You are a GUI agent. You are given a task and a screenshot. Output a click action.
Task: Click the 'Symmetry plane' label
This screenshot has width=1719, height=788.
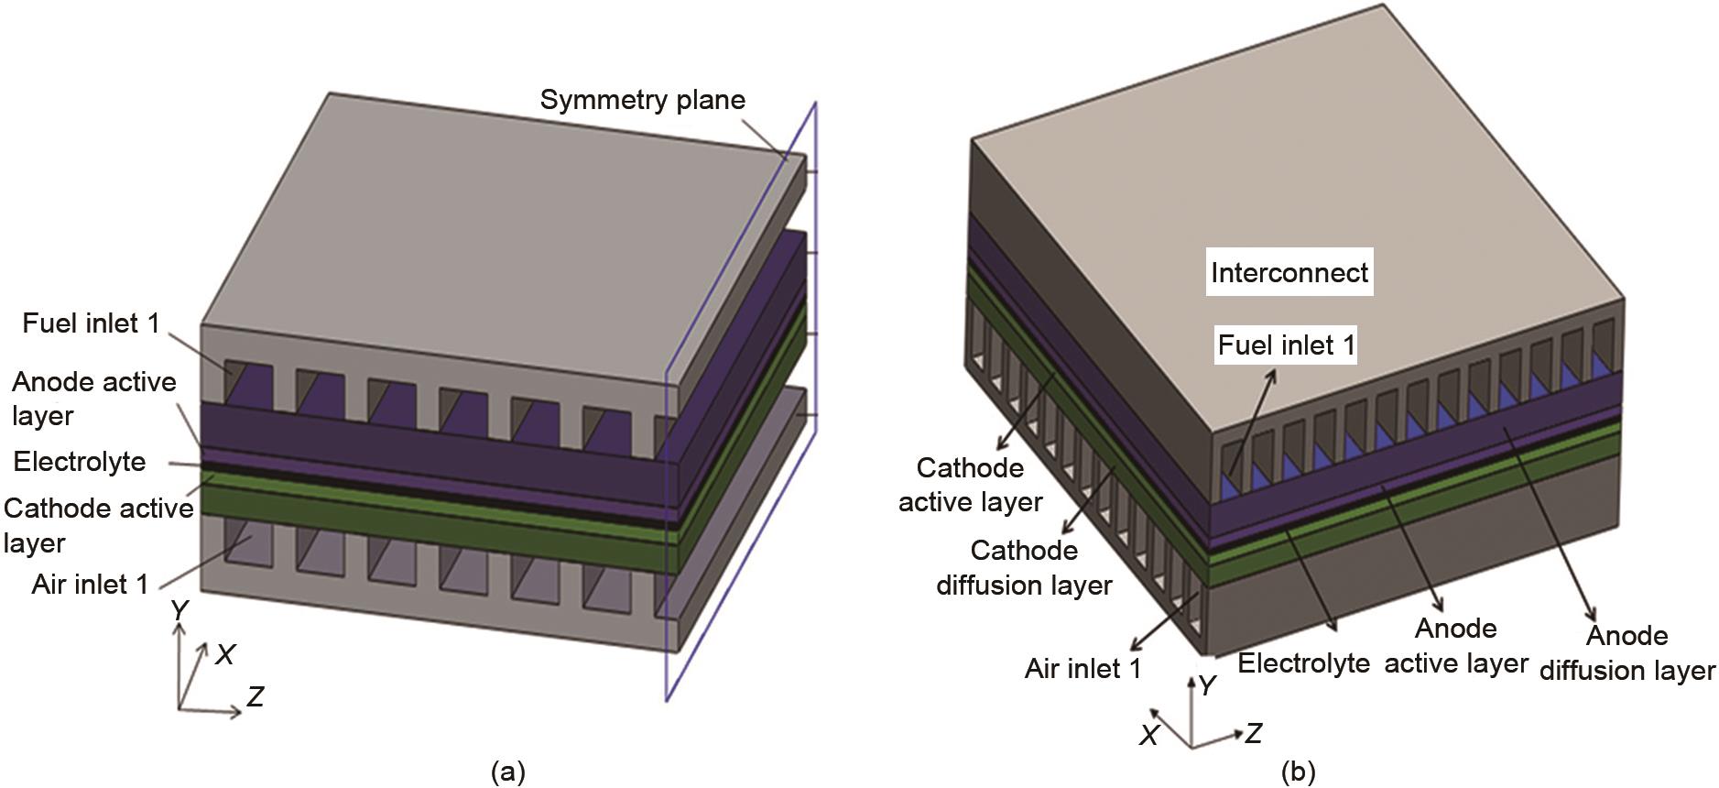[x=642, y=100]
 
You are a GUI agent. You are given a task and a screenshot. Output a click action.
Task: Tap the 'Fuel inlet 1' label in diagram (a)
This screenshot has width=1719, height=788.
[x=91, y=323]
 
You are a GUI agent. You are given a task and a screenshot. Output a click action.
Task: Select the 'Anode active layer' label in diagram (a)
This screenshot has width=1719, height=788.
[x=93, y=399]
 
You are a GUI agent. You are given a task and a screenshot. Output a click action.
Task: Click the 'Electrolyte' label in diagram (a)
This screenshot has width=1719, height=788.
[x=80, y=461]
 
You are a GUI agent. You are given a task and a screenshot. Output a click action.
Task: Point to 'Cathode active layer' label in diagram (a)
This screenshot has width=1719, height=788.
[x=97, y=525]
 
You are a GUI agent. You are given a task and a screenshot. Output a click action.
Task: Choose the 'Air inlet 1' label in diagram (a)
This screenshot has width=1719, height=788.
[x=90, y=584]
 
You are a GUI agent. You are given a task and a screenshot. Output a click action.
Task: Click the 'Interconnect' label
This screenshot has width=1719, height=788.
[x=1289, y=272]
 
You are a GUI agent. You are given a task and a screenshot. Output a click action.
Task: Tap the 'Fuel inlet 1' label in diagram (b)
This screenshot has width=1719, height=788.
[x=1286, y=345]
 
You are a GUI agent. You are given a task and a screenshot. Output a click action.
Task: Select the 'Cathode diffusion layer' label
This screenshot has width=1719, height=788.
[x=1024, y=567]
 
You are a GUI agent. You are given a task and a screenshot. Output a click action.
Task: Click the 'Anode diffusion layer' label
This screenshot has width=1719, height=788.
[x=1627, y=653]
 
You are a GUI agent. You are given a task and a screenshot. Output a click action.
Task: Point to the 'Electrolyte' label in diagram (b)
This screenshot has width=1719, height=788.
[x=1303, y=662]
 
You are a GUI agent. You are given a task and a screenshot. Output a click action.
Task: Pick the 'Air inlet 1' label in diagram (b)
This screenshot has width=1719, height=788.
[x=1083, y=668]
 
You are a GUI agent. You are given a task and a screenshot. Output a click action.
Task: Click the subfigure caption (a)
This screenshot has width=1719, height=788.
[x=508, y=772]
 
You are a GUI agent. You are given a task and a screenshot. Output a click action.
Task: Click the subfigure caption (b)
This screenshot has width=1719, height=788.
[x=1297, y=772]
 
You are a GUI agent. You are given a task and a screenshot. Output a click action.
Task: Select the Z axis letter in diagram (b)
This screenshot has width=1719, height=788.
[x=1253, y=732]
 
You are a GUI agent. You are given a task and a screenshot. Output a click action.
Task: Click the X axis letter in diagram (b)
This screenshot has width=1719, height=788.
[x=1149, y=734]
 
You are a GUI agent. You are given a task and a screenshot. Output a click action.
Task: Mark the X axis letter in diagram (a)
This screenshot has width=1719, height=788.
[x=224, y=654]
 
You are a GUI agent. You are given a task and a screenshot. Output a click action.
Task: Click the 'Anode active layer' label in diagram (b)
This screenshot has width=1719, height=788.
[x=1455, y=646]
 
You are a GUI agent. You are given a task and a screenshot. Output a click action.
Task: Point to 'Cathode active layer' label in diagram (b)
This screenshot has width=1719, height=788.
[x=970, y=485]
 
